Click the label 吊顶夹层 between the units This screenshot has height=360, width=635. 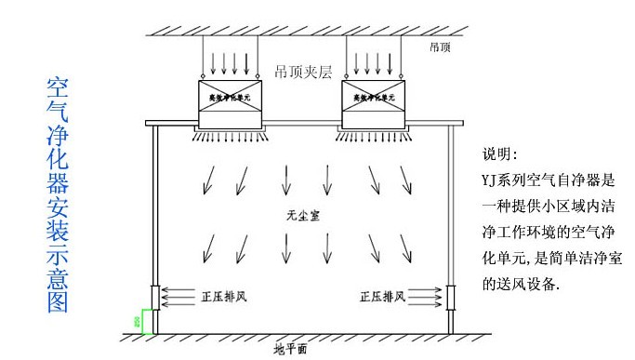tap(302, 71)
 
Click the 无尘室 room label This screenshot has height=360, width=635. tap(298, 215)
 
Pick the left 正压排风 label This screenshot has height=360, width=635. tap(224, 297)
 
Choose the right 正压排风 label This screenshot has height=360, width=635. tap(380, 297)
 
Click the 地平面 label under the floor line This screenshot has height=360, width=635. tap(289, 350)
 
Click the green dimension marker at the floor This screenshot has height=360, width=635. tap(139, 321)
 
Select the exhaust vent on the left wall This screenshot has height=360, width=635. tap(154, 298)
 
